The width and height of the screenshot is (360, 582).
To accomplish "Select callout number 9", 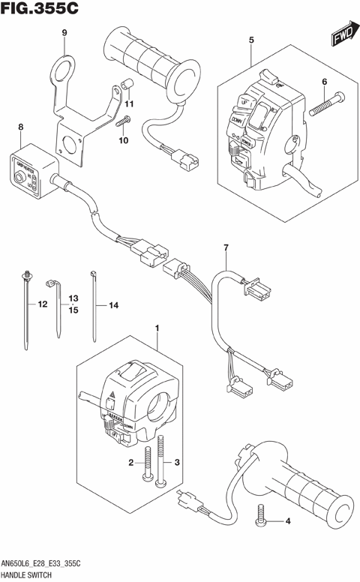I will [64, 32].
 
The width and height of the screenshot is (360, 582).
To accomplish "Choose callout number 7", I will [223, 248].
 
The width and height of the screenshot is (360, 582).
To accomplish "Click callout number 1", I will [157, 328].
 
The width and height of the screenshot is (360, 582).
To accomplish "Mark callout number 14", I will [114, 305].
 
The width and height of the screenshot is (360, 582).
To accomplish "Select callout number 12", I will [42, 305].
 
